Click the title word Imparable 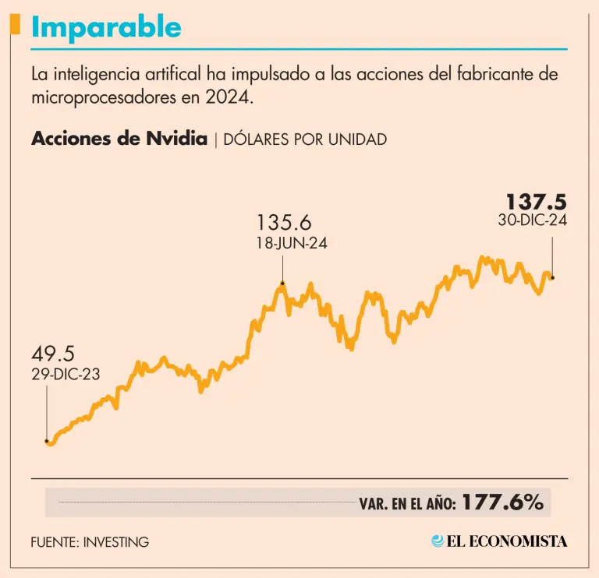pyautogui.click(x=106, y=28)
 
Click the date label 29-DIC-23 pyautogui.click(x=66, y=374)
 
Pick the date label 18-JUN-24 pyautogui.click(x=291, y=243)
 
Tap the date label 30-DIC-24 pyautogui.click(x=532, y=220)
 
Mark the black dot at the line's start pyautogui.click(x=47, y=441)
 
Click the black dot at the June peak pyautogui.click(x=282, y=284)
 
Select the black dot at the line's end pyautogui.click(x=552, y=277)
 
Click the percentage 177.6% pyautogui.click(x=502, y=502)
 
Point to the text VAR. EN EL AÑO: pyautogui.click(x=408, y=504)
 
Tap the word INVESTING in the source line pyautogui.click(x=116, y=541)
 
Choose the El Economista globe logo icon pyautogui.click(x=438, y=541)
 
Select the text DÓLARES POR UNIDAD pyautogui.click(x=305, y=140)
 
